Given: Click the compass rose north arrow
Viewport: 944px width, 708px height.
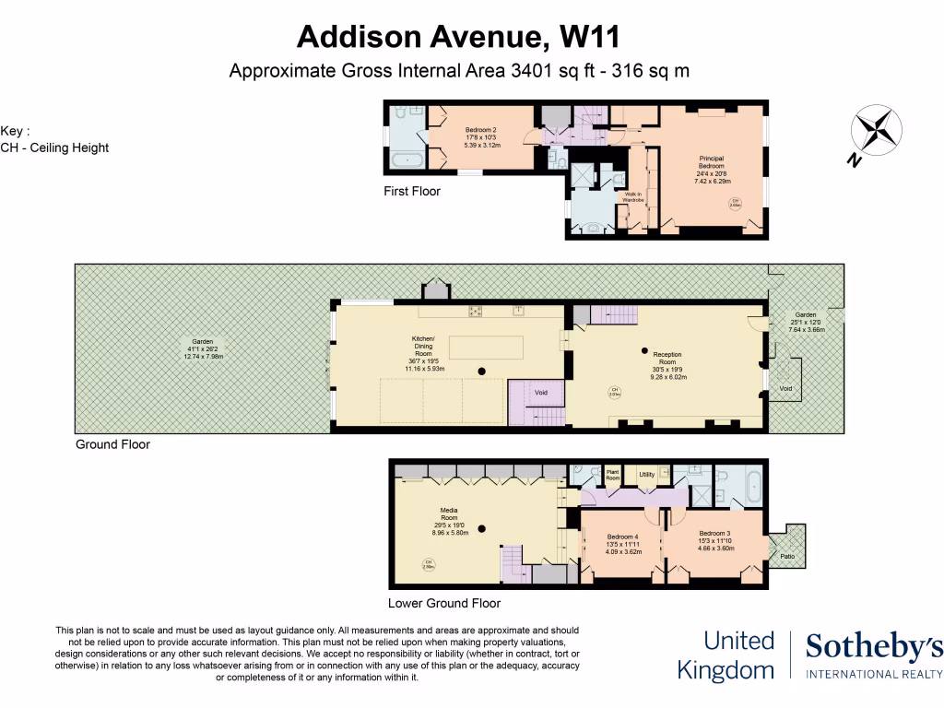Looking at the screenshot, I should pos(877,130).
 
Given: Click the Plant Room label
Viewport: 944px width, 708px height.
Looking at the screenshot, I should pos(613,476).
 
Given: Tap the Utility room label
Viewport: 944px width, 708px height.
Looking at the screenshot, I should pos(647,475).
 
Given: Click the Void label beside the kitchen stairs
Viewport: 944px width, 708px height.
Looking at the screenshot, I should pos(541,394).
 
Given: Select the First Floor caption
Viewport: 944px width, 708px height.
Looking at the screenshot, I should pos(412,192).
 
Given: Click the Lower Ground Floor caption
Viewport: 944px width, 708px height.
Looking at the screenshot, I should pos(443,603).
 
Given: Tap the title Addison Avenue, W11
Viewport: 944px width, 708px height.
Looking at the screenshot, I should pos(458,37).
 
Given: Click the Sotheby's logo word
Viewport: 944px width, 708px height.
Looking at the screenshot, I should pos(874,649).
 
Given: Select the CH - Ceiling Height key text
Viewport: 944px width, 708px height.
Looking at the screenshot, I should pos(55,147).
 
